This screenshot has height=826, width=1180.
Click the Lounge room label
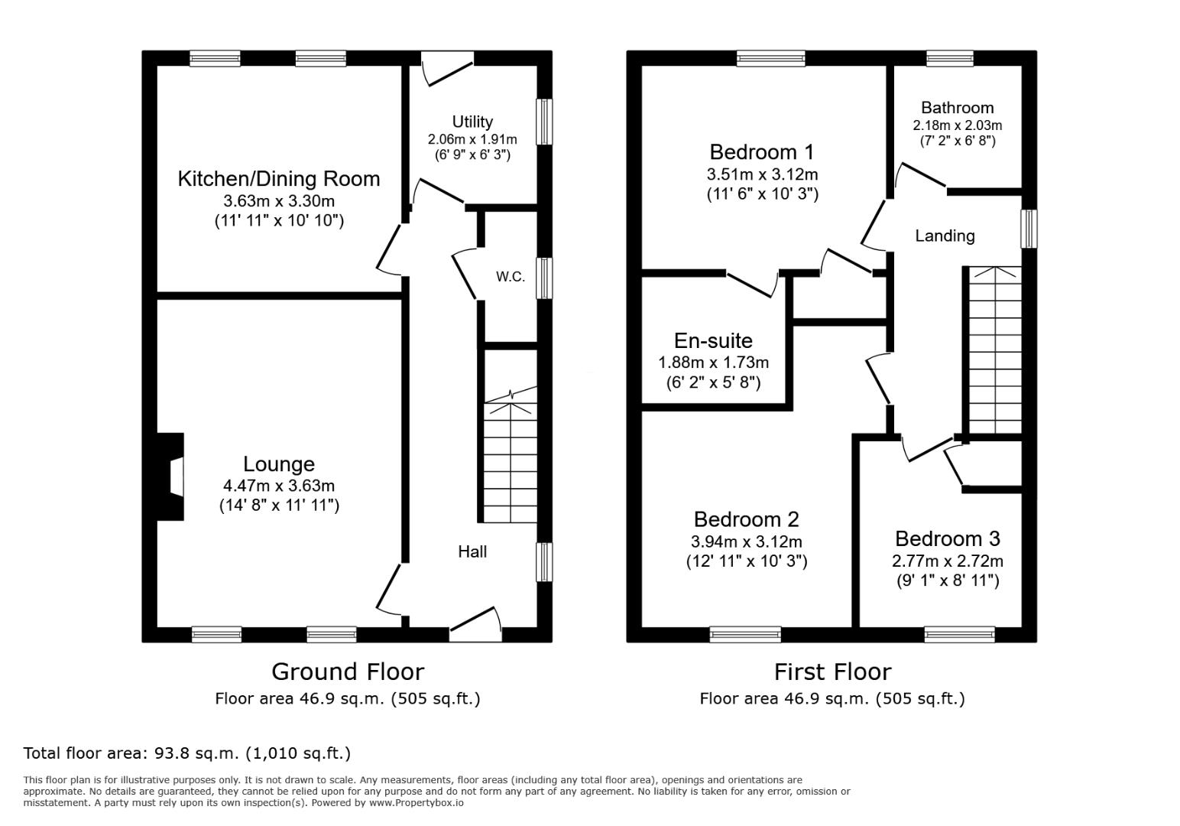(279, 464)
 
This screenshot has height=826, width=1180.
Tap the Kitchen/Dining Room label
(279, 179)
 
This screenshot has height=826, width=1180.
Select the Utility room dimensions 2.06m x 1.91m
(472, 140)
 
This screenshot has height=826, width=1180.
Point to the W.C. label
(511, 277)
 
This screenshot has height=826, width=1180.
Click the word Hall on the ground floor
(472, 552)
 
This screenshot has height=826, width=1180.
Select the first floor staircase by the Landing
(995, 350)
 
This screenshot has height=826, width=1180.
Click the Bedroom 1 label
(762, 151)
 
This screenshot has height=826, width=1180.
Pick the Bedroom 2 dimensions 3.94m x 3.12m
(747, 541)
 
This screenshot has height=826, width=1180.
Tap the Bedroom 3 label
(947, 538)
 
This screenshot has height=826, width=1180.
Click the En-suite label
(713, 340)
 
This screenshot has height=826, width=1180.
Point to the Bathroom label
(957, 108)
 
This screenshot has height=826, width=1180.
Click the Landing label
(945, 236)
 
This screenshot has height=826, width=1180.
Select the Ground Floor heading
(348, 672)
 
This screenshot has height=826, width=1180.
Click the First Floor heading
(832, 672)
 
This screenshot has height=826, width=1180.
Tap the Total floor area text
(187, 753)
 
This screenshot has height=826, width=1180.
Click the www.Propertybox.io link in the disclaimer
(417, 803)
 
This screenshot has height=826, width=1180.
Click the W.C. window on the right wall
(545, 278)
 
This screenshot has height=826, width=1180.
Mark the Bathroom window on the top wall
(950, 59)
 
